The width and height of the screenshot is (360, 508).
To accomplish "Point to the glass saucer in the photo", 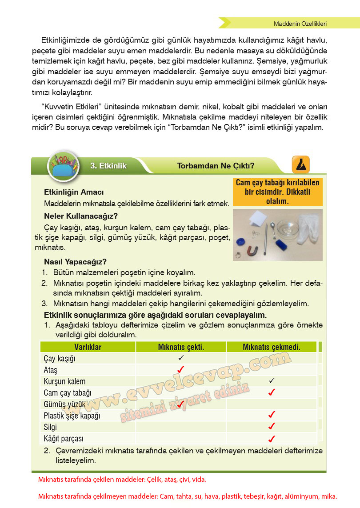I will pyautogui.click(x=288, y=229).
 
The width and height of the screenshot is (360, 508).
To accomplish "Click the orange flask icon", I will pyautogui.click(x=300, y=165).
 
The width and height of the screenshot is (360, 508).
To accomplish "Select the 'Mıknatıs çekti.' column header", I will pyautogui.click(x=181, y=347).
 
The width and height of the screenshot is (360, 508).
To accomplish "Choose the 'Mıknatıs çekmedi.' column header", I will pyautogui.click(x=271, y=347).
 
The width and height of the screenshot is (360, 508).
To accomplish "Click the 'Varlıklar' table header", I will pyautogui.click(x=88, y=347).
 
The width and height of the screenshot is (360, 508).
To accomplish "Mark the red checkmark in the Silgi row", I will pyautogui.click(x=272, y=427).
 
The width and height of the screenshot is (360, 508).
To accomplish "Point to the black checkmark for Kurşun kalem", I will pyautogui.click(x=272, y=381).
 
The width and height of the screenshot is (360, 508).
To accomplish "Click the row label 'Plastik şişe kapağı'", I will pyautogui.click(x=72, y=416).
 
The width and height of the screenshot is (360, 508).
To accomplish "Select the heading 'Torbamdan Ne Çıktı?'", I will pyautogui.click(x=216, y=166).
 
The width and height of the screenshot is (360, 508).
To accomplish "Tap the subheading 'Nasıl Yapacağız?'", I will pyautogui.click(x=75, y=262).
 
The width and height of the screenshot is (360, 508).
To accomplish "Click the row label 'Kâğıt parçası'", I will pyautogui.click(x=64, y=439).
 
